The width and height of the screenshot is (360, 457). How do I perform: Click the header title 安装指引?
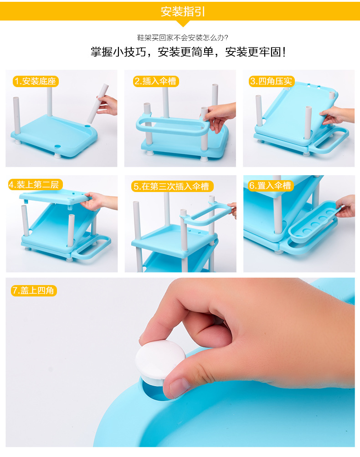coord(183,12)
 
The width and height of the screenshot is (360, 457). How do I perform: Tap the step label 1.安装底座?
coord(36,81)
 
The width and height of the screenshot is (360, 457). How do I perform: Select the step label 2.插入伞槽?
coord(156,81)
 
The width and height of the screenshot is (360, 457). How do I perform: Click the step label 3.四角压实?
coord(272,81)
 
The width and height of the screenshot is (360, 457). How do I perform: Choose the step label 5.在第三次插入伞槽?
coord(172,187)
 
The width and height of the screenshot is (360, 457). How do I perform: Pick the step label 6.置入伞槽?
coord(271,186)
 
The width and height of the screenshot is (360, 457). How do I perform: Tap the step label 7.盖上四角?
coord(34,291)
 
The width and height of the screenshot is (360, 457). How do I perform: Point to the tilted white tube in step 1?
coord(98,104)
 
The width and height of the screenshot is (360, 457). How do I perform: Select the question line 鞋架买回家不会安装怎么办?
coord(183,37)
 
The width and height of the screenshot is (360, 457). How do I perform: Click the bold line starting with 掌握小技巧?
coord(188,52)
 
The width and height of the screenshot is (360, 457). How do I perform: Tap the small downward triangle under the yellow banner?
coord(183,23)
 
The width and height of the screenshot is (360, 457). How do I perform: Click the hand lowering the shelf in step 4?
coord(99,201)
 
